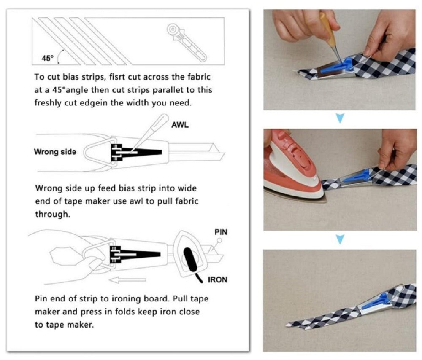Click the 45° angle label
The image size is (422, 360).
point(48,58)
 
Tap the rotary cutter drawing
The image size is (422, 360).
point(186,43)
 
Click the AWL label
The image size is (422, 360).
point(180,125)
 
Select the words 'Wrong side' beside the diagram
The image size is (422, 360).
point(55,152)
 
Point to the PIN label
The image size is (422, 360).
point(221,232)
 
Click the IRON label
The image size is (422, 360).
point(217,279)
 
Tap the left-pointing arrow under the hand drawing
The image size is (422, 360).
point(127,280)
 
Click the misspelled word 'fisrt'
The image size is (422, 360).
point(117,77)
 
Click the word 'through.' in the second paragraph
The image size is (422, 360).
point(52,214)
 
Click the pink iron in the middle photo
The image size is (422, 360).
point(293,167)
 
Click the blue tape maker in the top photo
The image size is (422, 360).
point(337,67)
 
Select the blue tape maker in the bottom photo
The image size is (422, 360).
point(374,303)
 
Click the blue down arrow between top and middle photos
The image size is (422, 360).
point(341,118)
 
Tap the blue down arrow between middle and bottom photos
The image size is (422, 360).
point(341,239)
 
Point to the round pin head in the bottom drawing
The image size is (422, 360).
point(219,240)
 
